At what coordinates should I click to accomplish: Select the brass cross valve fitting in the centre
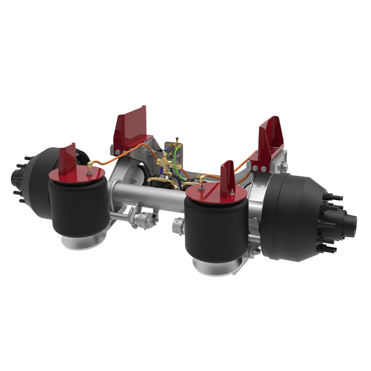pos(164,162)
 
